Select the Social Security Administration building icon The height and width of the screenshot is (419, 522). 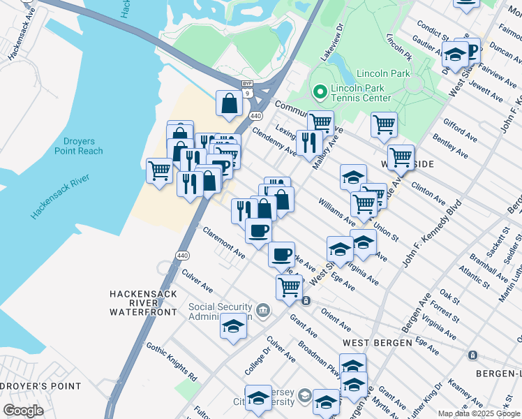click(x=262, y=310)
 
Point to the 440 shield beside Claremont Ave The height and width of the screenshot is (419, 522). click(x=183, y=256)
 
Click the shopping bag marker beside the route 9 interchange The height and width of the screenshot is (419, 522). click(x=228, y=104)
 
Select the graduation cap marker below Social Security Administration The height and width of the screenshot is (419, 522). click(x=233, y=325)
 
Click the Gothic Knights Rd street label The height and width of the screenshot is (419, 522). click(x=172, y=361)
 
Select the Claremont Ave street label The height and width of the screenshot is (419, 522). click(x=223, y=242)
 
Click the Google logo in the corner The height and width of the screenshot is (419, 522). click(x=23, y=411)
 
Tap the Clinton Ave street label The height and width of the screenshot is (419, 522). click(x=428, y=194)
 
